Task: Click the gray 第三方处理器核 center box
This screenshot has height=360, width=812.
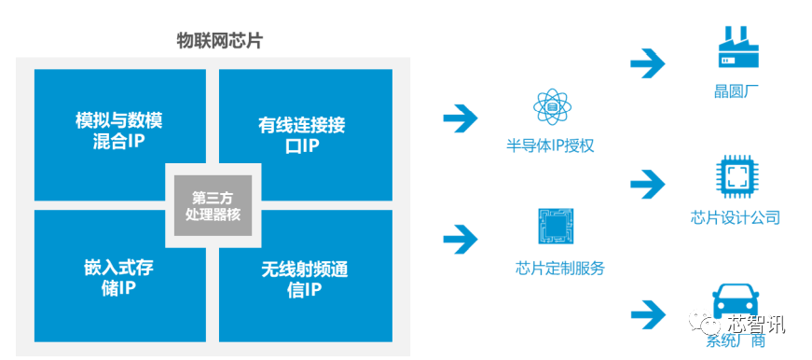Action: coord(212,205)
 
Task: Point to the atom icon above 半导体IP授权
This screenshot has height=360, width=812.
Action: coord(552,108)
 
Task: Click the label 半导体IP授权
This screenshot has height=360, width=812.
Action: coord(550,146)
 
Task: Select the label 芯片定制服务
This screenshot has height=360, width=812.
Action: coord(559,269)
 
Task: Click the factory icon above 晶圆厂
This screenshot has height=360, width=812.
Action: coord(740,47)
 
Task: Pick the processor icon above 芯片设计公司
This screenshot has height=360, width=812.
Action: coord(736,178)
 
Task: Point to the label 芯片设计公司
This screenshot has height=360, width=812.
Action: coord(736,218)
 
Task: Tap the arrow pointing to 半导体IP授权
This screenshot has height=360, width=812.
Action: coord(460,118)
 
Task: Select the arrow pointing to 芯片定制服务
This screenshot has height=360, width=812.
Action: coord(460,239)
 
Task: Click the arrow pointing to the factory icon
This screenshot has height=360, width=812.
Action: coord(648,63)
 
